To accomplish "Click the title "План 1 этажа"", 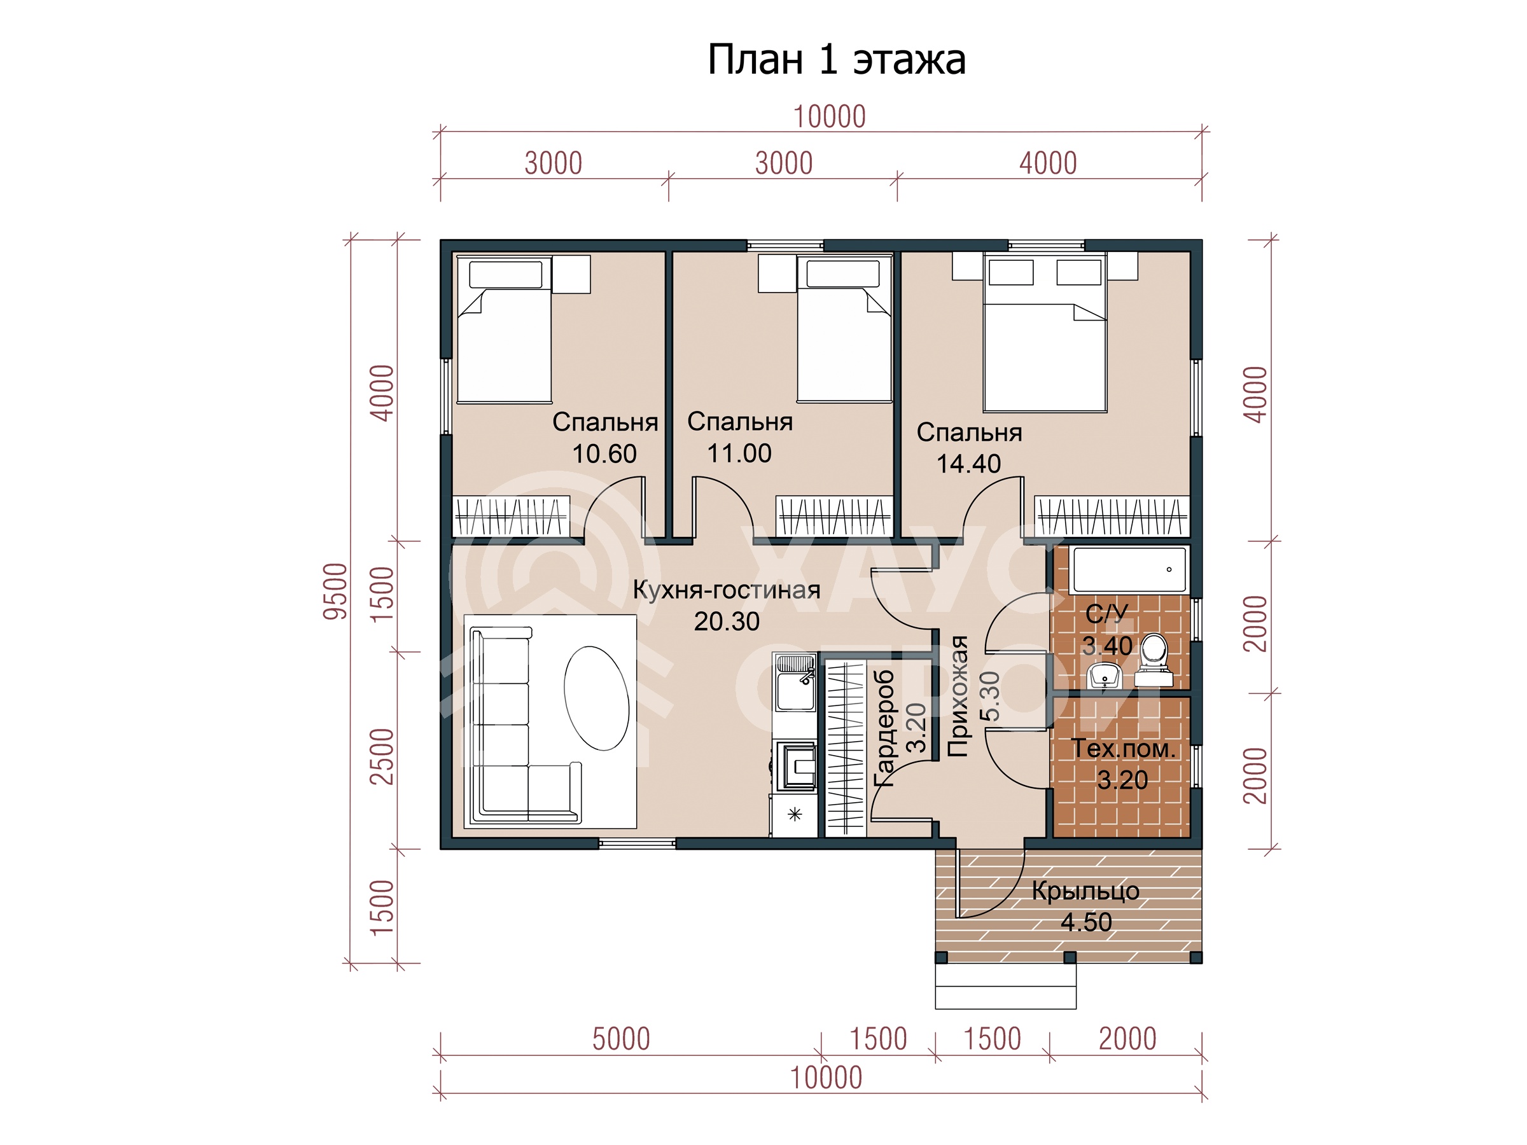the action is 836,60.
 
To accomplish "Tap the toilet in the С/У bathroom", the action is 1154,661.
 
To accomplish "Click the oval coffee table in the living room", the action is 596,698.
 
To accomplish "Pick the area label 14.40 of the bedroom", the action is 968,464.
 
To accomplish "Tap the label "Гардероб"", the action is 884,728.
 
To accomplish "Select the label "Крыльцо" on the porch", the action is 1085,891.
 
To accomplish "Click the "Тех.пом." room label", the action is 1122,748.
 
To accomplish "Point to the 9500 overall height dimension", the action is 335,591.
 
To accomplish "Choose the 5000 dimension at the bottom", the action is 620,1039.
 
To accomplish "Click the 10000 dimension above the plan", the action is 829,116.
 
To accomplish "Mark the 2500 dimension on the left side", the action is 382,756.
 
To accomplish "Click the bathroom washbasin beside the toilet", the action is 1105,676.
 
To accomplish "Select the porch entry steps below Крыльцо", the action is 1005,985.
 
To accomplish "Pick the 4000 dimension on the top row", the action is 1048,163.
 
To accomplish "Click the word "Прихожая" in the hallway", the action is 958,697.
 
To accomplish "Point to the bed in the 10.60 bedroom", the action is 505,330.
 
